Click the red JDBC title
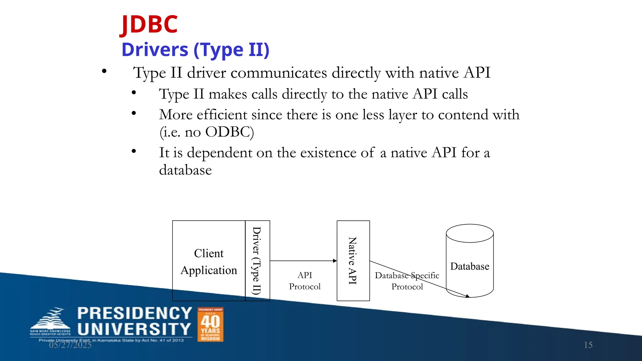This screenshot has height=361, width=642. point(149,24)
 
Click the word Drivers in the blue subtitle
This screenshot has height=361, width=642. point(155,50)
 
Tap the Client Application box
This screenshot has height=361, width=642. point(209,261)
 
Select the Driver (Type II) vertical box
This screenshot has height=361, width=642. point(257,261)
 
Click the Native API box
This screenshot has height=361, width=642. point(353,261)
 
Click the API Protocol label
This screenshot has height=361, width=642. point(305,281)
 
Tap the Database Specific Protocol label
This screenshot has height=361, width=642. point(407,281)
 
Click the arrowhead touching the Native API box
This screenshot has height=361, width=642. point(335,261)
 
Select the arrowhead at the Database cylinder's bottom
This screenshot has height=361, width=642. point(467,296)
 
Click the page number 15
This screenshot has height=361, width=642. point(588,345)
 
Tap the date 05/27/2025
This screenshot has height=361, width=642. point(70,345)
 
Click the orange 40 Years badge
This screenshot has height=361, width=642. point(210,325)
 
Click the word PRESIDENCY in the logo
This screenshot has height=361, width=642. point(134,313)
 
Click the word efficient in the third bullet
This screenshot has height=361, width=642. point(222,115)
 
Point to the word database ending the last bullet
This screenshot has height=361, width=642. point(185,170)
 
